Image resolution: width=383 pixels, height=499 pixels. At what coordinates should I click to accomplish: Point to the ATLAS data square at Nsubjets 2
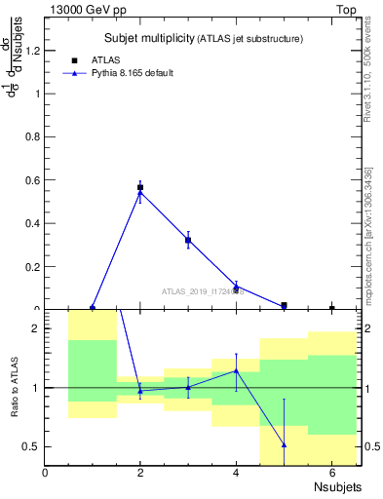tap(140, 187)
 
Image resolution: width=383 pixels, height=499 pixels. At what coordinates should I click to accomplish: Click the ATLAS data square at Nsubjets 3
tap(188, 240)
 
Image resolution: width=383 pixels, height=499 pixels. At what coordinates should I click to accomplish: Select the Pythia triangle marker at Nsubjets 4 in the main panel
tap(236, 287)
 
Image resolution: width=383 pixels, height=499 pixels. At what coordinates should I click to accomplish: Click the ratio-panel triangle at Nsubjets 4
tap(236, 370)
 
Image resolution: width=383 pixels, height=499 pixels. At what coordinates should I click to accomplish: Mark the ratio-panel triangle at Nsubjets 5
tap(284, 445)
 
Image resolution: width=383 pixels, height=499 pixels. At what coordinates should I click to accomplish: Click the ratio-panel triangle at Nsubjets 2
tap(140, 391)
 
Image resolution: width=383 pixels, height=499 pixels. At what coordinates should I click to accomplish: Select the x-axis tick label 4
tap(236, 473)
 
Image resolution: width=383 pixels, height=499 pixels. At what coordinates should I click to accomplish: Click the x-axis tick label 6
tap(331, 473)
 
